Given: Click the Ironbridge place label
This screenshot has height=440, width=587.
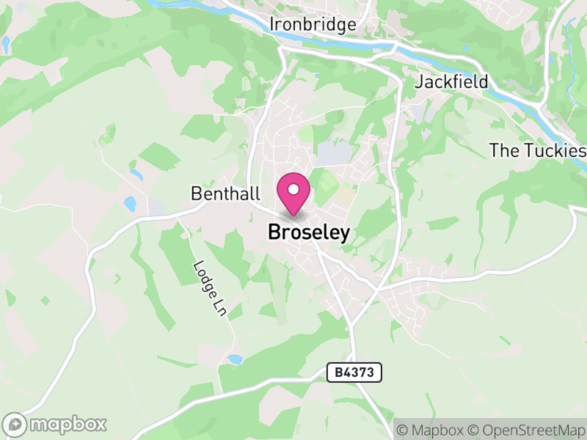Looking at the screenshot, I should click(313, 24).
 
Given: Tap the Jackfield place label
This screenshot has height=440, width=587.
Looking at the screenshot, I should click(451, 81).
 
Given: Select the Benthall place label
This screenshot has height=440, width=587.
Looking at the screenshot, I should click(225, 194).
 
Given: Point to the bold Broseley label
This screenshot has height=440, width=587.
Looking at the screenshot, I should click(309, 232).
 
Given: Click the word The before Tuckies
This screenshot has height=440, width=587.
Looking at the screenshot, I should click(503, 151).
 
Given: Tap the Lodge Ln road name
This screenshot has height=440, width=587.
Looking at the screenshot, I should click(208, 288).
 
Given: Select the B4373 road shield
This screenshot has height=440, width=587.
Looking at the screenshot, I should click(354, 373).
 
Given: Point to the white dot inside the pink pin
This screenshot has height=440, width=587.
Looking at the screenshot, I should click(293, 190).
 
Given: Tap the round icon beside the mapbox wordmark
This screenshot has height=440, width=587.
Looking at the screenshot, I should click(15, 424).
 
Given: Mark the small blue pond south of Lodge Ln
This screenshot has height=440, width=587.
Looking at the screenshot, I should click(235, 359).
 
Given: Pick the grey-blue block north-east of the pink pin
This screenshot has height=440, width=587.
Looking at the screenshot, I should click(334, 153).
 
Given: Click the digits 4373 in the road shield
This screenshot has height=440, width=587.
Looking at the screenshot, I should click(360, 373).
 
